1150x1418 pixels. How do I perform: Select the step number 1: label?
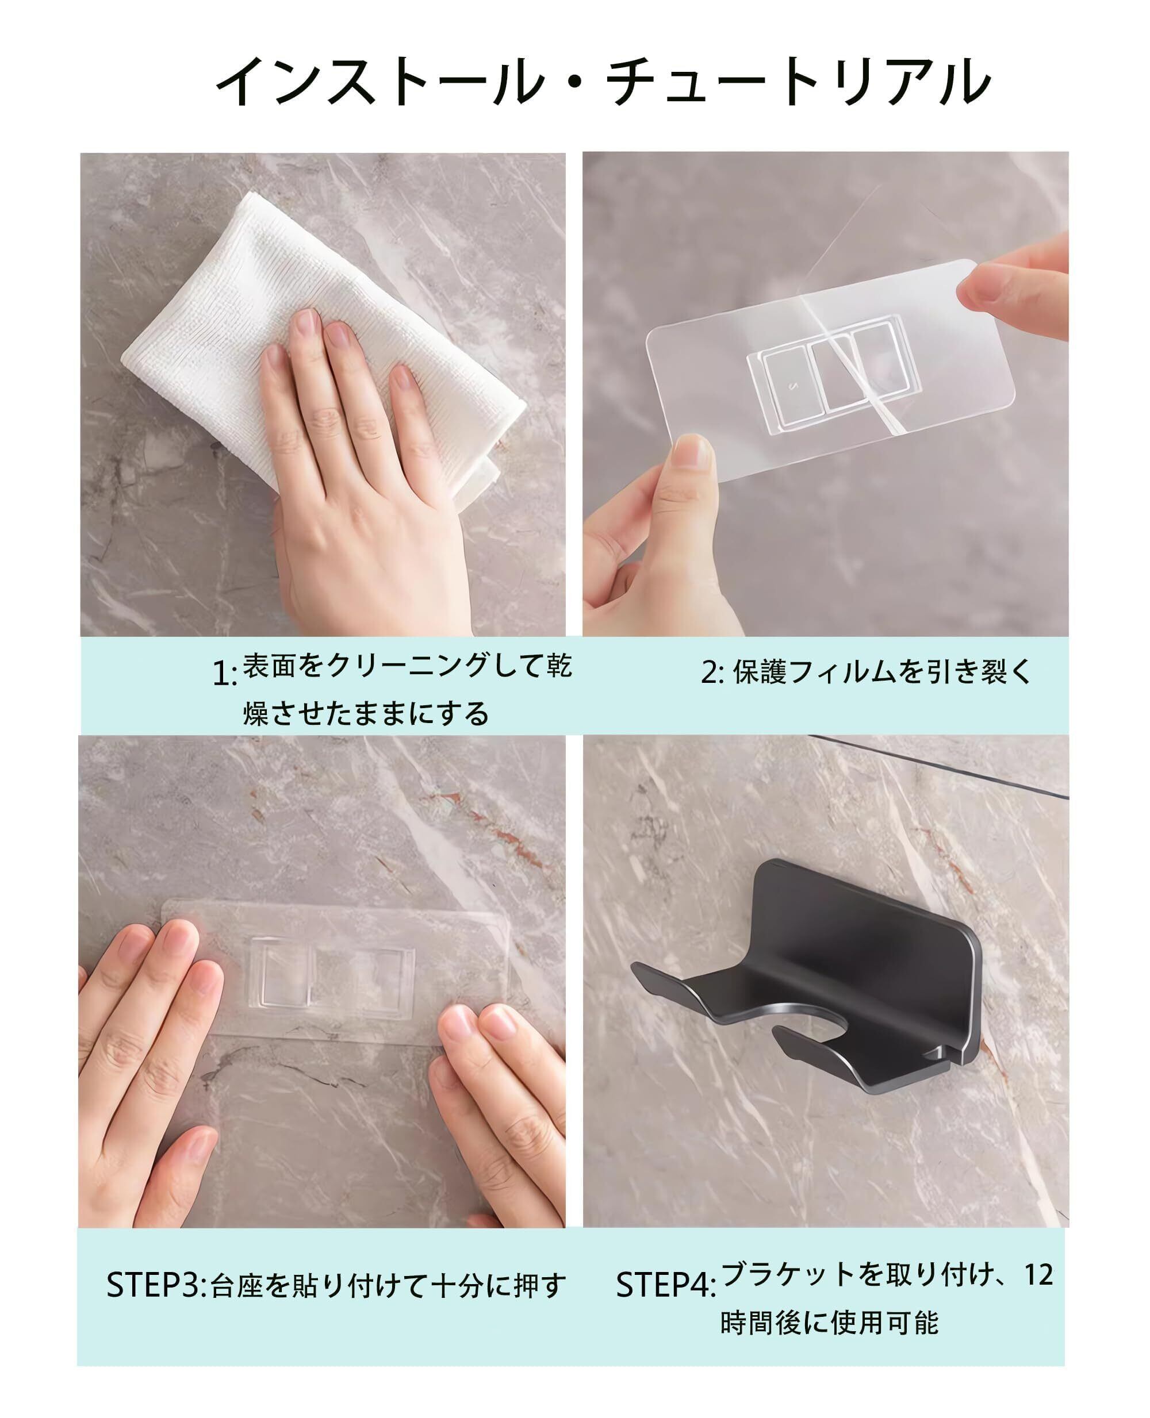(x=225, y=674)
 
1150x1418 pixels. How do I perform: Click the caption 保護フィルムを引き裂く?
(x=883, y=673)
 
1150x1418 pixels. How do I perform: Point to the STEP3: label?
(x=157, y=1285)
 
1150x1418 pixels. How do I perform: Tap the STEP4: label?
(x=666, y=1285)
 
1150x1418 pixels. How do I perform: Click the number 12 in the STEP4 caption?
(x=1038, y=1274)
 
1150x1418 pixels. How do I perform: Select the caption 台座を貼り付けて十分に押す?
(x=388, y=1285)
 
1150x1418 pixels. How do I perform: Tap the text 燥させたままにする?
(x=366, y=714)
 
